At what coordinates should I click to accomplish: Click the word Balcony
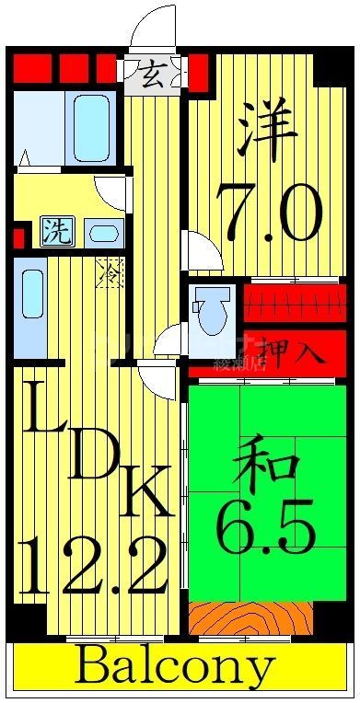(175, 666)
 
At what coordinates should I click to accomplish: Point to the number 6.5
(266, 525)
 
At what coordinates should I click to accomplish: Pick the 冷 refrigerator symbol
(109, 272)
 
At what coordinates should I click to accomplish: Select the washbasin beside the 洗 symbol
(102, 232)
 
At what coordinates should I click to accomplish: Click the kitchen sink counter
(31, 304)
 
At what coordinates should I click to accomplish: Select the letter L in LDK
(42, 414)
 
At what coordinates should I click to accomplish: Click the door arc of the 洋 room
(203, 250)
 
